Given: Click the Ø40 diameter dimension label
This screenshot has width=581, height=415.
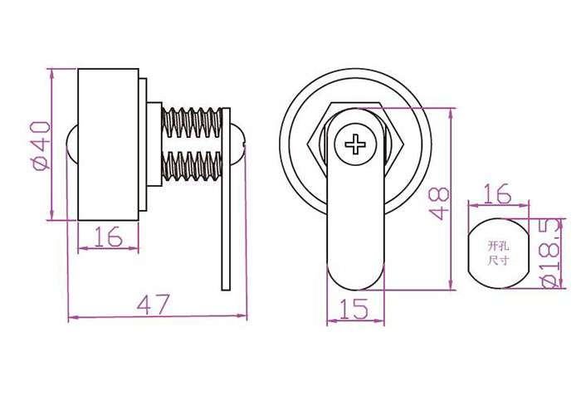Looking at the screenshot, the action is click(41, 145).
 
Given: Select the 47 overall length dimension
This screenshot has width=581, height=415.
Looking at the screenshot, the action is click(153, 304).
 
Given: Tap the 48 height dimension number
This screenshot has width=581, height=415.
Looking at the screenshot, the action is click(439, 203).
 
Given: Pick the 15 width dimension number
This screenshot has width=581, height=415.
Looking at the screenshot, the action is click(354, 309).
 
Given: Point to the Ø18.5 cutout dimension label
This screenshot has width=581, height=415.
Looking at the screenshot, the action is click(551, 252).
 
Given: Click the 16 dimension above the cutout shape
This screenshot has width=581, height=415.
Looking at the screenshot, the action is click(498, 194).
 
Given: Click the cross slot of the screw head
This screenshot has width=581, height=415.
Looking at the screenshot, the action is click(355, 144).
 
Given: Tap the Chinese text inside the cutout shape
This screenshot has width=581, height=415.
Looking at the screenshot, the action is click(497, 253).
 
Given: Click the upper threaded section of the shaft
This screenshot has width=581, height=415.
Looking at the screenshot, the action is click(192, 122).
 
